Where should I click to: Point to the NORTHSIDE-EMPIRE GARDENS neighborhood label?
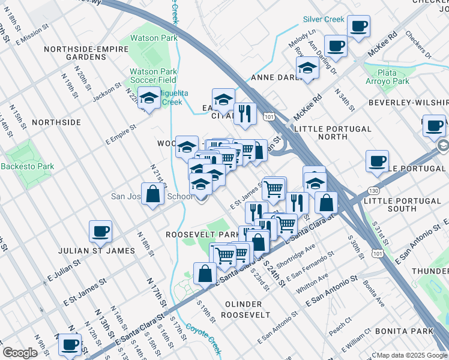(74, 52)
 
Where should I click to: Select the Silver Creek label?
(324, 19)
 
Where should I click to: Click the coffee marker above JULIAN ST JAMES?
(100, 230)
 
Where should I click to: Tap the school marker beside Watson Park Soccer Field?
(148, 97)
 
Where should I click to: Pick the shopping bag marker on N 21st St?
(153, 194)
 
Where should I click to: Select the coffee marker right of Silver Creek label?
(358, 26)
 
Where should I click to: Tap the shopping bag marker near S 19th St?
(205, 273)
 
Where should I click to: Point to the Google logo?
(20, 353)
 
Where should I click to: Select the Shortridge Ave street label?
(301, 256)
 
